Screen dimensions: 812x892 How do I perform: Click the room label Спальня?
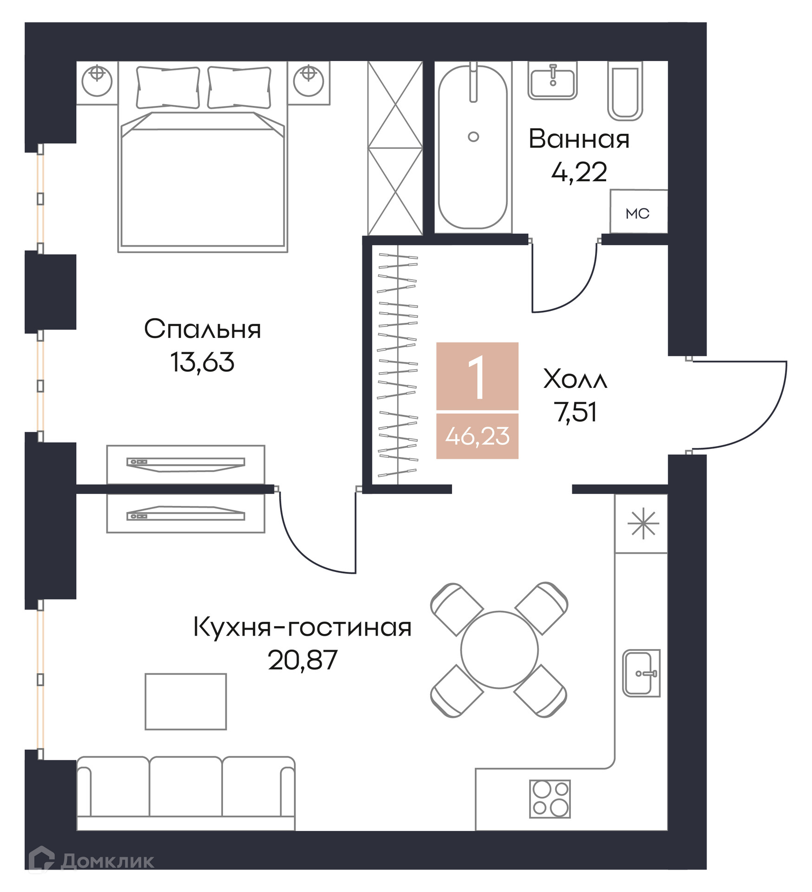pyautogui.click(x=203, y=329)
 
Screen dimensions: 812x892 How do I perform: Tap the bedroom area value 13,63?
pyautogui.click(x=202, y=362)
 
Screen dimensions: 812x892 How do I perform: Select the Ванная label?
pyautogui.click(x=579, y=138)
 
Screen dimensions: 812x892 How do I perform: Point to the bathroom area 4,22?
pyautogui.click(x=579, y=172)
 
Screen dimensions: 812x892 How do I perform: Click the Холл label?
pyautogui.click(x=575, y=379)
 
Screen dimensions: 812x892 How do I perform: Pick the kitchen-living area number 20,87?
pyautogui.click(x=302, y=660)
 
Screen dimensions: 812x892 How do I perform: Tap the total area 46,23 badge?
pyautogui.click(x=477, y=436)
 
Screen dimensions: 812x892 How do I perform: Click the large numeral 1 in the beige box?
pyautogui.click(x=477, y=377)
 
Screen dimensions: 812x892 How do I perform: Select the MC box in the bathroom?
pyautogui.click(x=639, y=211)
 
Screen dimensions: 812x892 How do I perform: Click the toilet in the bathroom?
pyautogui.click(x=625, y=91)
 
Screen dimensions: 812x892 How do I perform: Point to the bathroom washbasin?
pyautogui.click(x=552, y=81)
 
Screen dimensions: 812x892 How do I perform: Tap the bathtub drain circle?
pyautogui.click(x=473, y=137)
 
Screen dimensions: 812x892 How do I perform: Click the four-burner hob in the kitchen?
pyautogui.click(x=550, y=799)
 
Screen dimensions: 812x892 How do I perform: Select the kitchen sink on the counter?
pyautogui.click(x=642, y=673)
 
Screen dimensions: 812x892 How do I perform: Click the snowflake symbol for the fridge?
pyautogui.click(x=643, y=524)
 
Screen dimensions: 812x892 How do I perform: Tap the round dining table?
pyautogui.click(x=499, y=649)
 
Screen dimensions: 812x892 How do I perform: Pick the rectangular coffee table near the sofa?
pyautogui.click(x=186, y=702)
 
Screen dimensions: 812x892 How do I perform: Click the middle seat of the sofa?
pyautogui.click(x=186, y=787)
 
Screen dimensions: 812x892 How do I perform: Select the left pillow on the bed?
pyautogui.click(x=168, y=87)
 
